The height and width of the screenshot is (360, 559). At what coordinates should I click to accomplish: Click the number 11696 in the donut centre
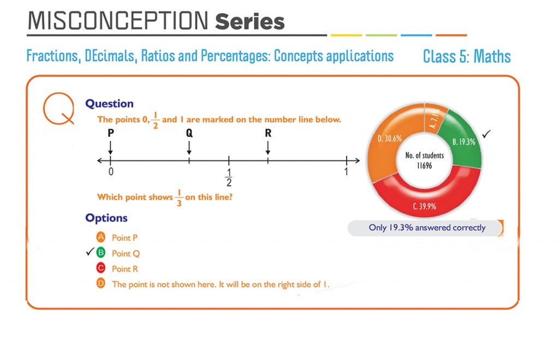click(x=425, y=165)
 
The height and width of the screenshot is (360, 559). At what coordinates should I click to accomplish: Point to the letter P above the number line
click(x=110, y=133)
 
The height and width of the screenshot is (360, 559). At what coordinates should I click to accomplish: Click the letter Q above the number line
click(x=189, y=133)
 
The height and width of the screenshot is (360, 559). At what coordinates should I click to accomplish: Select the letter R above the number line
click(x=267, y=133)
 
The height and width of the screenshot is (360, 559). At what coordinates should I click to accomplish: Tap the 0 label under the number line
click(x=110, y=172)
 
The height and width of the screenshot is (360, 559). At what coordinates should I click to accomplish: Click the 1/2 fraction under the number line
click(x=229, y=177)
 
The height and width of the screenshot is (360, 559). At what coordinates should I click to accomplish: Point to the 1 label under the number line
click(x=346, y=172)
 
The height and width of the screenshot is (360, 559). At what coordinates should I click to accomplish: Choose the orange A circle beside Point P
click(x=100, y=237)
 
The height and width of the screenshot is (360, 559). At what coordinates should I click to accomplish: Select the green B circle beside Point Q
click(x=100, y=253)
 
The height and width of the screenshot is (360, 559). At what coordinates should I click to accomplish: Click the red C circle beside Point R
click(x=100, y=268)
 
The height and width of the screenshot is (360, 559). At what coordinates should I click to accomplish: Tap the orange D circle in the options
click(x=100, y=284)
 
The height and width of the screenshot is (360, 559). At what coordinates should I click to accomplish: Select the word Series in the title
click(x=250, y=21)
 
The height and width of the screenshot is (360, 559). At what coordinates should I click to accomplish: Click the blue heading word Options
click(x=106, y=218)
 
